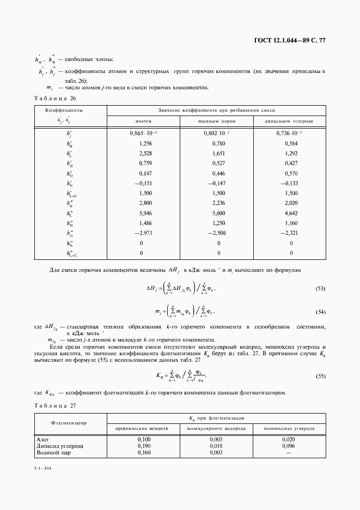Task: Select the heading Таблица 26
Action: (x=54, y=98)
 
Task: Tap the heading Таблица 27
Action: (x=54, y=405)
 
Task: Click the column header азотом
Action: (x=143, y=121)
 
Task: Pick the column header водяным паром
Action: (x=218, y=121)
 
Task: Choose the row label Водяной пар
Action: (x=51, y=452)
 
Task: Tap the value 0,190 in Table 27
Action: (x=143, y=445)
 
